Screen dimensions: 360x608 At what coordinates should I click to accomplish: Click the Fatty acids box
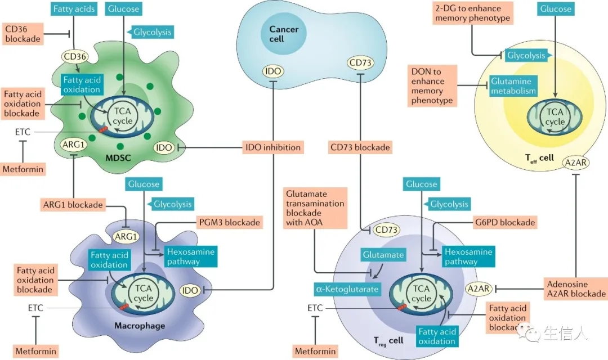pyautogui.click(x=74, y=8)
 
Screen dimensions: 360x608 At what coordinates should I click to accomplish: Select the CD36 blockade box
pyautogui.click(x=23, y=33)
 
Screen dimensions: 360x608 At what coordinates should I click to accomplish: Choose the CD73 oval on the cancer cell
pyautogui.click(x=360, y=62)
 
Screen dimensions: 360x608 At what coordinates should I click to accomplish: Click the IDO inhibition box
pyautogui.click(x=273, y=147)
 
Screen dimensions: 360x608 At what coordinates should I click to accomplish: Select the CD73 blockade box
pyautogui.click(x=360, y=147)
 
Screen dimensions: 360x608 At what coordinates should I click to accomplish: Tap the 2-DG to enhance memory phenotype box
pyautogui.click(x=472, y=13)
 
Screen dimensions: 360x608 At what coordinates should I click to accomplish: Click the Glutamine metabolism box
pyautogui.click(x=513, y=86)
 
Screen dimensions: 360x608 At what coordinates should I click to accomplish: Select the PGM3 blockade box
pyautogui.click(x=229, y=222)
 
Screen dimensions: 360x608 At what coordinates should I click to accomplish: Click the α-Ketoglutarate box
pyautogui.click(x=347, y=290)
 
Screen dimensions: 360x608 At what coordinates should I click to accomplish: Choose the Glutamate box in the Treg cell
pyautogui.click(x=383, y=255)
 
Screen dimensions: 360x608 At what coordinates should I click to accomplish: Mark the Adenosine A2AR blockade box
pyautogui.click(x=575, y=289)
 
